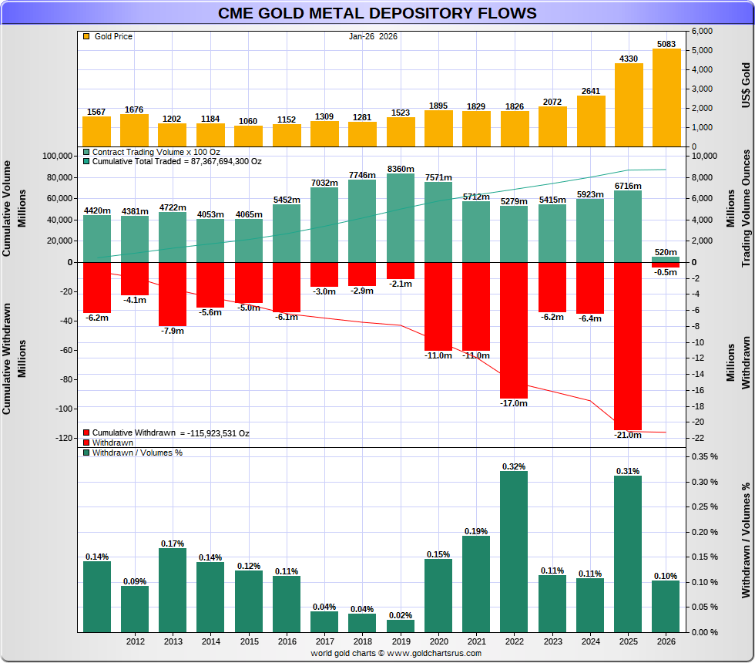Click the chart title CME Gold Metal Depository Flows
coord(377,13)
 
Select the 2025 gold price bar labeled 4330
coord(628,104)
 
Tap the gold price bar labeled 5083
coord(666,97)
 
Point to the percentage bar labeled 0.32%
coord(514,551)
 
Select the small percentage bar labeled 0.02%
coord(400,625)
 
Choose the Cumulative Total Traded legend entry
coord(176,162)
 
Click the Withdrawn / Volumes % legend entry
coord(132,453)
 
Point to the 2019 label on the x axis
coord(400,641)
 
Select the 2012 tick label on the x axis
coord(135,641)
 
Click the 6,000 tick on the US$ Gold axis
coord(702,31)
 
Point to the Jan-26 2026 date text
coord(373,36)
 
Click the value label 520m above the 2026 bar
coord(666,252)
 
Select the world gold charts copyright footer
coord(396,653)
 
